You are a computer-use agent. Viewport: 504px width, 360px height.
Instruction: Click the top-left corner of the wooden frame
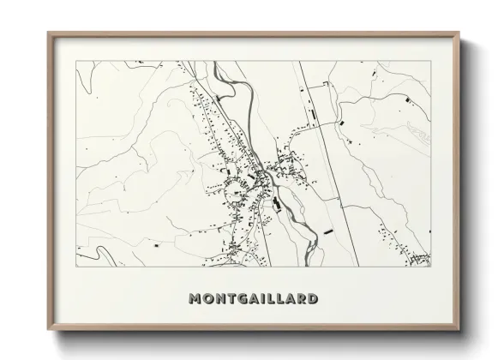[48, 33]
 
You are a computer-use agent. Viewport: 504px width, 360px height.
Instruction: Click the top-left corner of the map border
[76, 62]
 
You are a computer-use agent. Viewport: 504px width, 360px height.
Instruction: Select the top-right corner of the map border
[429, 62]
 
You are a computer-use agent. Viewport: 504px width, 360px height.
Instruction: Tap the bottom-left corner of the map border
[76, 267]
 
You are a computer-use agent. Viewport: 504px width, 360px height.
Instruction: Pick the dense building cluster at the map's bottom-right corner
[418, 258]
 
